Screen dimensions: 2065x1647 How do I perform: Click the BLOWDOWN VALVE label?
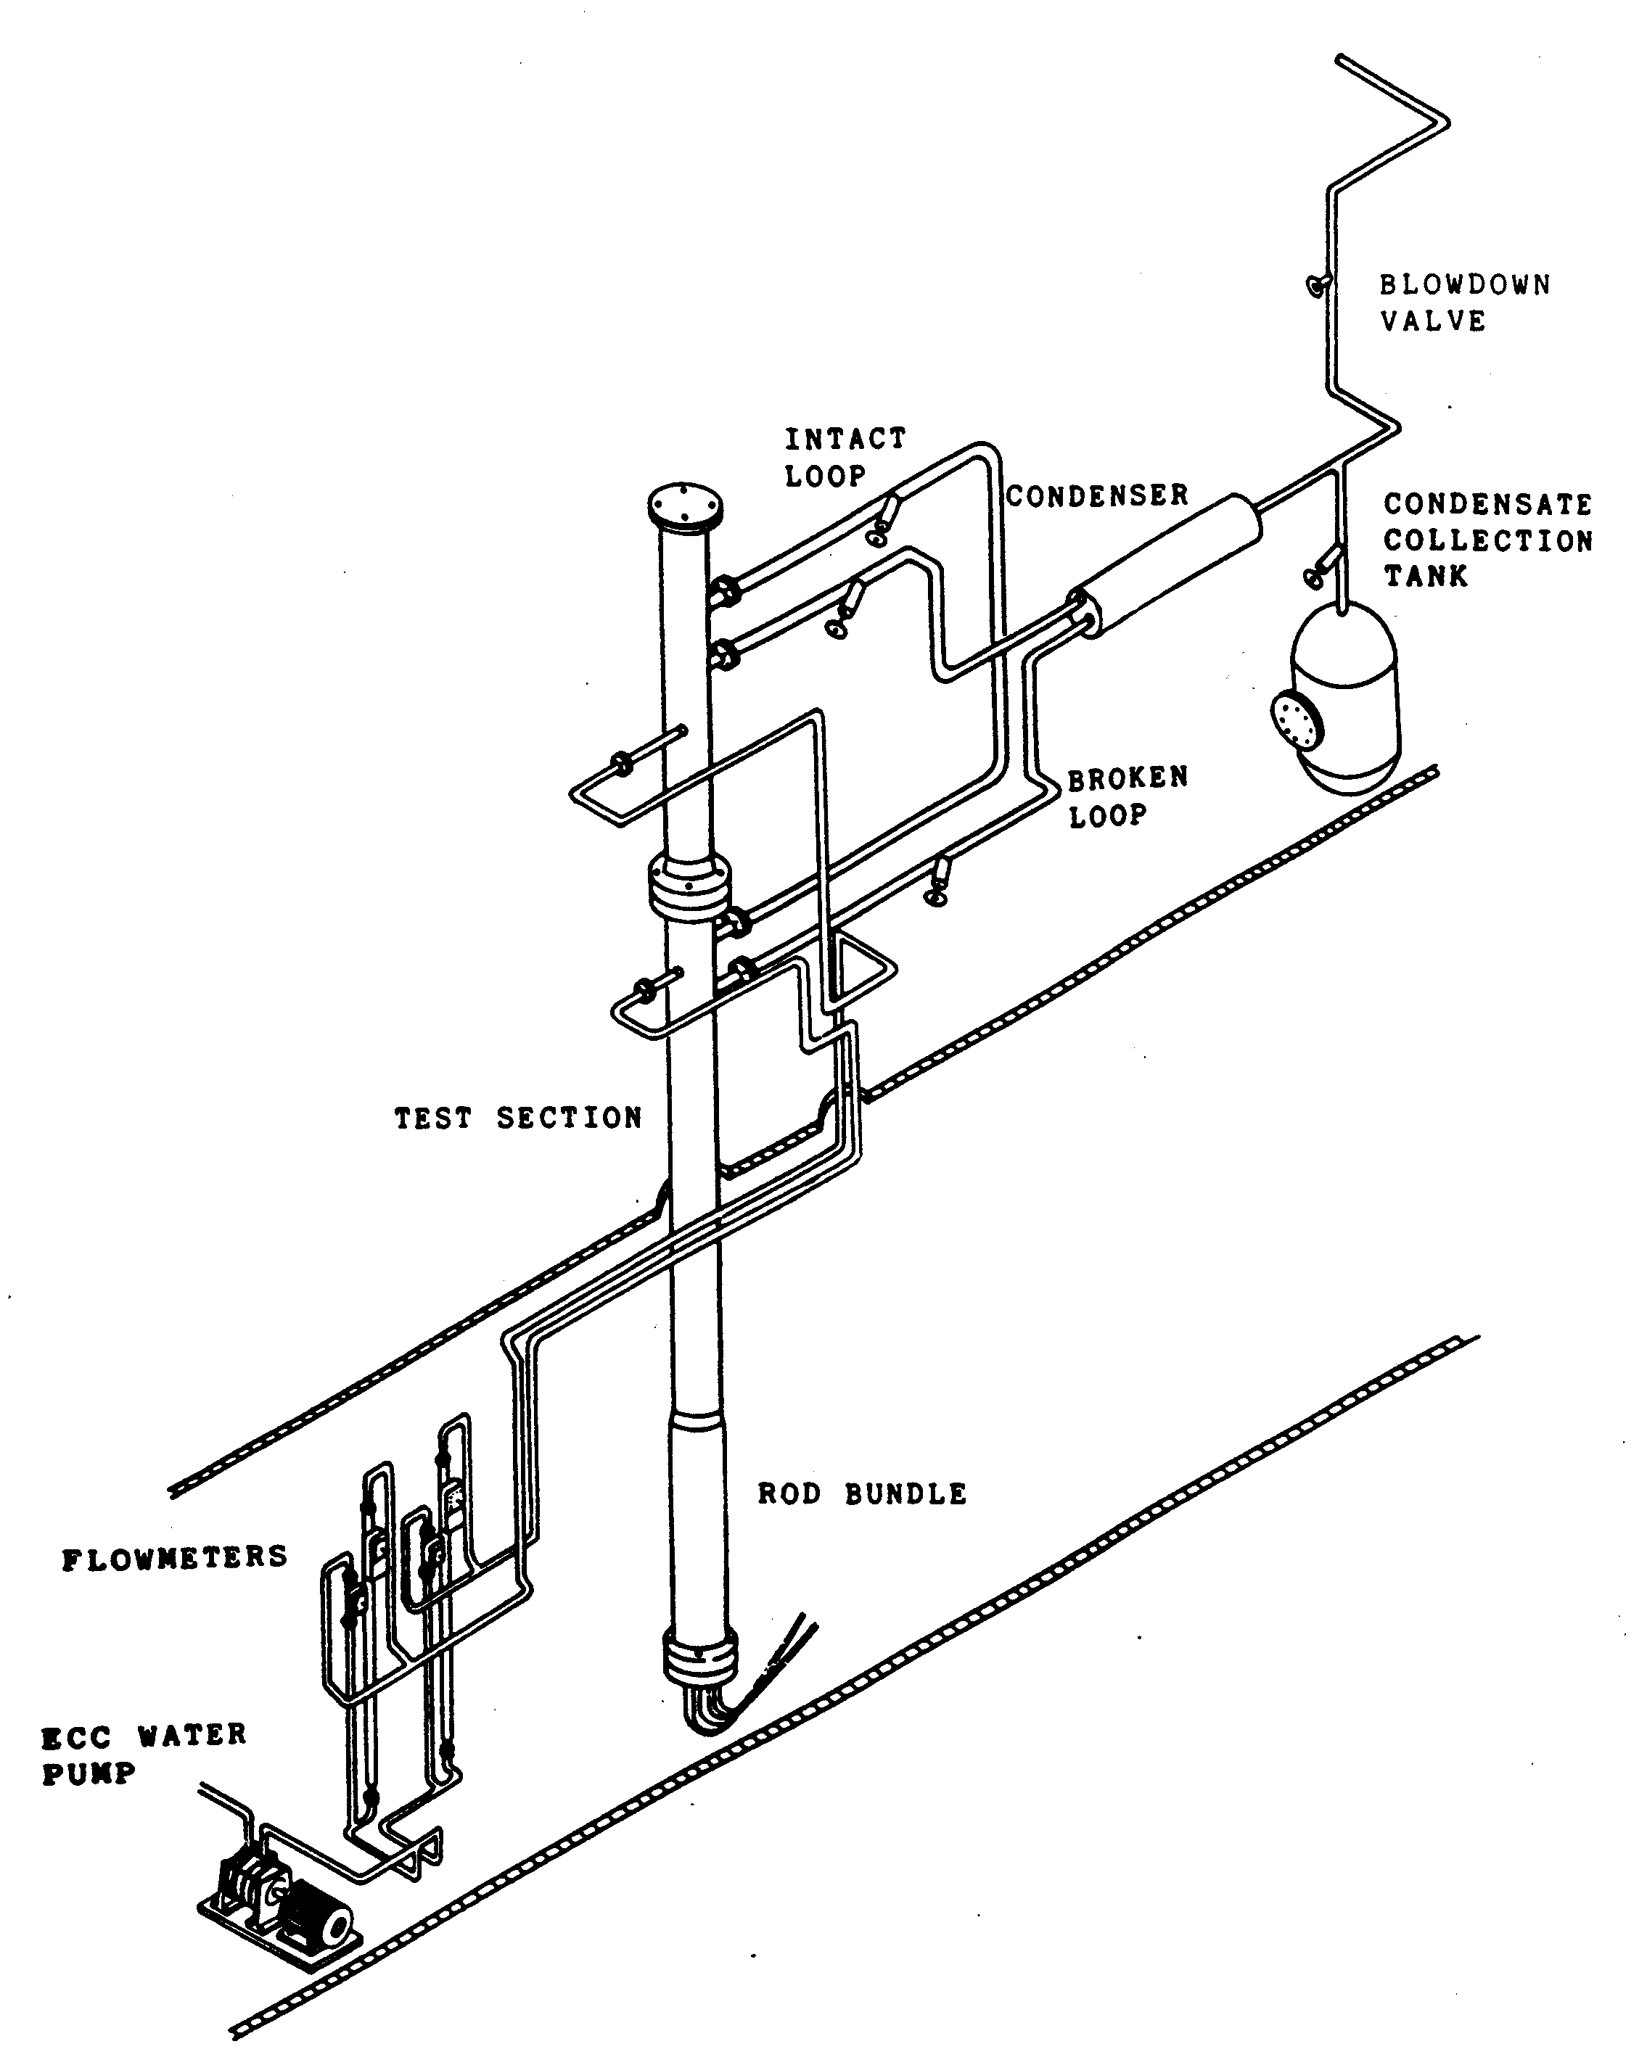click(x=1464, y=302)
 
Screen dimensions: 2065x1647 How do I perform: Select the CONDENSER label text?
click(x=1097, y=495)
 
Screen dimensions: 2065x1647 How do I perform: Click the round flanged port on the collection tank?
click(x=1292, y=720)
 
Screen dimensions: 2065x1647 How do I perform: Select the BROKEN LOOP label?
click(x=1128, y=797)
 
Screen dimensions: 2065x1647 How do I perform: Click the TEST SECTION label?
click(x=517, y=1118)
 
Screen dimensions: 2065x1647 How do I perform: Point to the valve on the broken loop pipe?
click(x=939, y=881)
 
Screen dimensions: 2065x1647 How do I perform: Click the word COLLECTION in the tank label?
click(x=1487, y=540)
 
